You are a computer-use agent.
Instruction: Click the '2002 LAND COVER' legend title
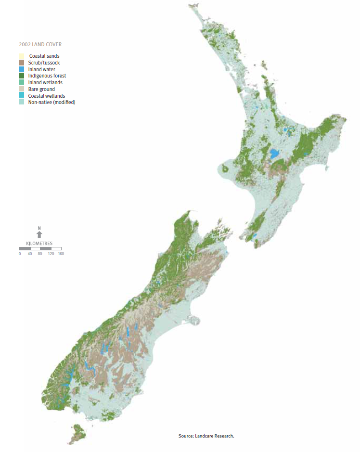[40, 45]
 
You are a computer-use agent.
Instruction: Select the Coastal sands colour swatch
[21, 56]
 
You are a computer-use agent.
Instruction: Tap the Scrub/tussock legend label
[44, 63]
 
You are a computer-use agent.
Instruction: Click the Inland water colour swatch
[21, 69]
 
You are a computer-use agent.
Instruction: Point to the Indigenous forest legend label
[47, 76]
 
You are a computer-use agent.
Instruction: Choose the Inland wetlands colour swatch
[21, 82]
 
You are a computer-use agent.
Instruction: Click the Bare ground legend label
[41, 89]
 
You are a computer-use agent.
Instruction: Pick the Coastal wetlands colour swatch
[21, 96]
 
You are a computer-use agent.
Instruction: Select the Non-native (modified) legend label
[51, 102]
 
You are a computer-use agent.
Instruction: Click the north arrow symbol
[39, 234]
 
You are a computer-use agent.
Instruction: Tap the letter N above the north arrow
[39, 228]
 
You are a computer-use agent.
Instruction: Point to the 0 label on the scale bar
[20, 254]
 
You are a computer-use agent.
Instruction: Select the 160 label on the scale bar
[61, 254]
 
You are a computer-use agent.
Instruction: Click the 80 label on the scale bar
[40, 254]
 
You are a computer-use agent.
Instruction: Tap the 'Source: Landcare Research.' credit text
[206, 436]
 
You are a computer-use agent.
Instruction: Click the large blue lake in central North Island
[275, 154]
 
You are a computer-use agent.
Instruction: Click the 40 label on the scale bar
[30, 254]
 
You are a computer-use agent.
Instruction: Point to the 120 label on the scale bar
[51, 254]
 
